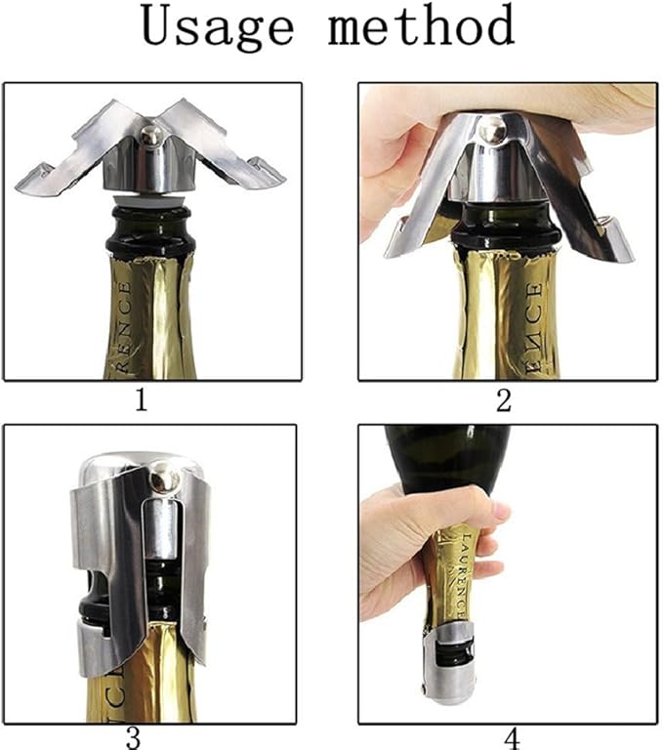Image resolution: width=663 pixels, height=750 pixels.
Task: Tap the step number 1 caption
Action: click(142, 400)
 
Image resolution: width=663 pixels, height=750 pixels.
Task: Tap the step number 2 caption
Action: click(504, 400)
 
